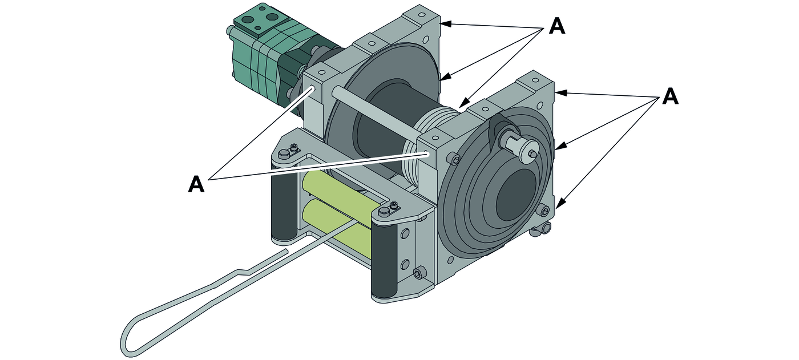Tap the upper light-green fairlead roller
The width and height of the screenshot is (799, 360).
pyautogui.click(x=337, y=191)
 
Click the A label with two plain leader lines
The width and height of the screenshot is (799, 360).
pyautogui.click(x=196, y=184)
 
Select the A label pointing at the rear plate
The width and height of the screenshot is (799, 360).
pyautogui.click(x=556, y=26)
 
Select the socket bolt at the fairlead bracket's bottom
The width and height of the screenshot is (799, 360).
pyautogui.click(x=420, y=274)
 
